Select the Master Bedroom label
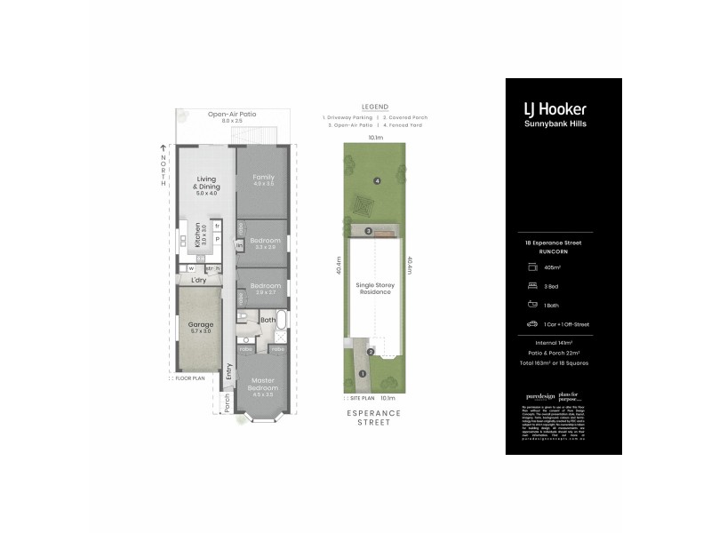coord(263,384)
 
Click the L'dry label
coord(199,281)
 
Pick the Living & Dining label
coord(207,184)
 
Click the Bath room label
coord(268,319)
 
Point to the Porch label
coord(227,402)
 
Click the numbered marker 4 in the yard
coord(377,181)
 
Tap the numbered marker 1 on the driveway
coord(363,373)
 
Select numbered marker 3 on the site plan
coord(368,232)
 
